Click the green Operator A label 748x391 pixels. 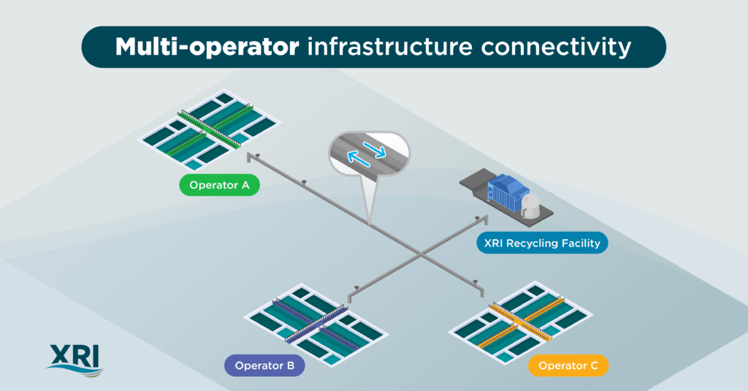coord(219,185)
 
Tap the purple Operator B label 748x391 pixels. coord(264,365)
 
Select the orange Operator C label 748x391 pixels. coord(568,365)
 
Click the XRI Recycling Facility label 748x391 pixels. coord(542,243)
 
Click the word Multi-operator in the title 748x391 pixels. coord(207,48)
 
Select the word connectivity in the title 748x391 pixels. coord(556,48)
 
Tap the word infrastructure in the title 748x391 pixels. coord(390,47)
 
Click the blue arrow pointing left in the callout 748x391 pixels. coord(358,159)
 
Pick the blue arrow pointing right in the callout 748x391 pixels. coord(374,148)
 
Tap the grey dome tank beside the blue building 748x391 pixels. coord(530,205)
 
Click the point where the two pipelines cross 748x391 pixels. coord(421,253)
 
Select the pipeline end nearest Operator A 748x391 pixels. coord(248,157)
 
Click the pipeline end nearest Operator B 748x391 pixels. coord(350,298)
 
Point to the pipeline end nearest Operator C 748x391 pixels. coord(482,292)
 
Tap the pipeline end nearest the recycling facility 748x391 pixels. coord(486,220)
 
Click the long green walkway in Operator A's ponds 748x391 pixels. coord(208,129)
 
